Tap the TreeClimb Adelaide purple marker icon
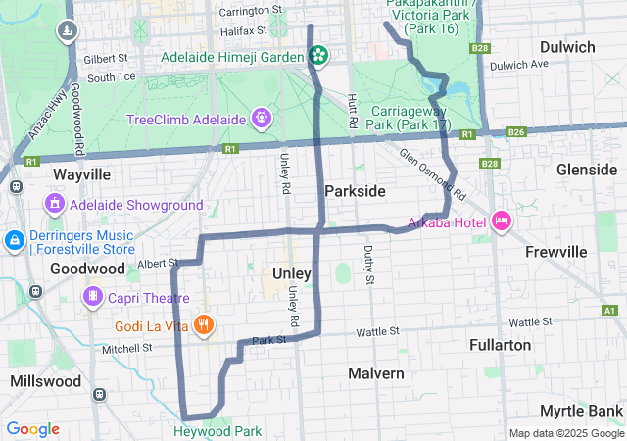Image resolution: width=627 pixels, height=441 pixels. coord(261,120)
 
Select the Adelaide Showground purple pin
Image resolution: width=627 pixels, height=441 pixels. coord(56,205)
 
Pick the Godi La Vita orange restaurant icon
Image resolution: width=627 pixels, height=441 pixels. coord(203,324)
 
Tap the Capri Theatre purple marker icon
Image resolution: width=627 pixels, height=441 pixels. coord(93,295)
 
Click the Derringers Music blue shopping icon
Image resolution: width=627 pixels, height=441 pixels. coord(15,240)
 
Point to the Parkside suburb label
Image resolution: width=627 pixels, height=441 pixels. coord(355,190)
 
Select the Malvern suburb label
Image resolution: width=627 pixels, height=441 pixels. coord(376,373)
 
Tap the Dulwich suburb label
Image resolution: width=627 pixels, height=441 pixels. coord(566,46)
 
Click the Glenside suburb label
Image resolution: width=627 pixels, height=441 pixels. coord(587,169)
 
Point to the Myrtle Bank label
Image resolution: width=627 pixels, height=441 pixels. coord(580,410)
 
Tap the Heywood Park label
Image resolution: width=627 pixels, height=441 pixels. coord(217,431)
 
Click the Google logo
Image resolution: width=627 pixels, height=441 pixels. coord(32,429)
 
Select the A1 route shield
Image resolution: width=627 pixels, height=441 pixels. coord(609,311)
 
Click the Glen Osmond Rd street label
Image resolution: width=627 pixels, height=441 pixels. coord(432,169)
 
